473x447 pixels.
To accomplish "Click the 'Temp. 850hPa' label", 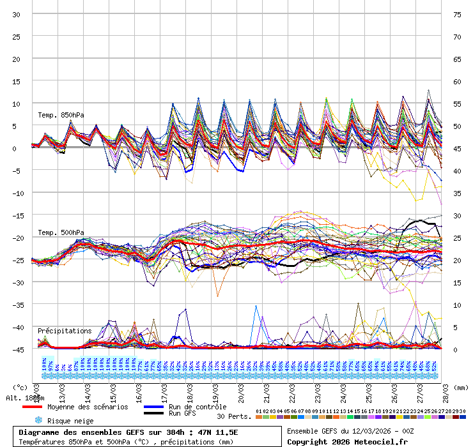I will [x=61, y=115].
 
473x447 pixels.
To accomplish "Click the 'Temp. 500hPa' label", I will [x=61, y=232].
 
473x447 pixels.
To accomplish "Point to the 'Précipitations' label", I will [x=65, y=331].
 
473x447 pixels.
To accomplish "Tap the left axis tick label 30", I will [x=17, y=15].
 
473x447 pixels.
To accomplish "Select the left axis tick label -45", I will [x=17, y=350].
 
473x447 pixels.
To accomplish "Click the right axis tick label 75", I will [x=456, y=15].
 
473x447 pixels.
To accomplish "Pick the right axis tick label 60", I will [x=456, y=82].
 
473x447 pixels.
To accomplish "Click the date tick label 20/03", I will [x=242, y=391].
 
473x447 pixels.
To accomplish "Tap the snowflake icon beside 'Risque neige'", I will [x=38, y=421].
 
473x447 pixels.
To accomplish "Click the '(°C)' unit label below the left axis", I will [x=20, y=387].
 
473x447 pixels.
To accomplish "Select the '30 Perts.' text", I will [x=234, y=416].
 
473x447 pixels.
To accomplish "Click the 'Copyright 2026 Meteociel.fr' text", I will [x=348, y=441].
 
